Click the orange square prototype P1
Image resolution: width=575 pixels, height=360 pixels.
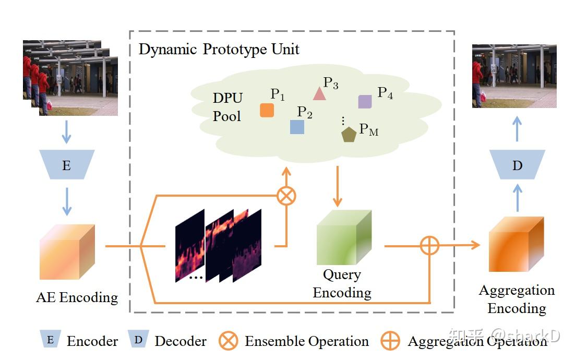(267, 110)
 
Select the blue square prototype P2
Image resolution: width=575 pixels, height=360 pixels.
(297, 127)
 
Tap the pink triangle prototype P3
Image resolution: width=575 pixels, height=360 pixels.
(319, 94)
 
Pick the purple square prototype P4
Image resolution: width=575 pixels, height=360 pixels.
(365, 102)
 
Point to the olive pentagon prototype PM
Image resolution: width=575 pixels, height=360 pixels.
(349, 135)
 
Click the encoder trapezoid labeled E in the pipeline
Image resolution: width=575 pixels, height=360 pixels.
(66, 165)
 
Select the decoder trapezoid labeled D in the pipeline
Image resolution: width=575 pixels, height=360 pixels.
(517, 165)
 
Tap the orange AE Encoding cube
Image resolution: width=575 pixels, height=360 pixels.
(67, 251)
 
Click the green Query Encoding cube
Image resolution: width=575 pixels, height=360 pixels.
(344, 237)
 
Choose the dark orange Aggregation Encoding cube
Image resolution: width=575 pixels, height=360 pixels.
(516, 244)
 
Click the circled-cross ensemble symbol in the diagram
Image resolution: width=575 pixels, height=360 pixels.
(286, 196)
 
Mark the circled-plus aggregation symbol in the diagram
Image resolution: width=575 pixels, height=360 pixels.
(429, 245)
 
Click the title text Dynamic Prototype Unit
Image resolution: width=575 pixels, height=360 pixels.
(219, 50)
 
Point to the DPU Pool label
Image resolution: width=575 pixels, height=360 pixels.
(227, 107)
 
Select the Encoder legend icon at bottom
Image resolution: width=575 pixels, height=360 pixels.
(50, 340)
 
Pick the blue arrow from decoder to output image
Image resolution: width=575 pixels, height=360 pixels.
(517, 128)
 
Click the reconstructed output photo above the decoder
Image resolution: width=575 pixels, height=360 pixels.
(514, 76)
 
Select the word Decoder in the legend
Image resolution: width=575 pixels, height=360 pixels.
(181, 342)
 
